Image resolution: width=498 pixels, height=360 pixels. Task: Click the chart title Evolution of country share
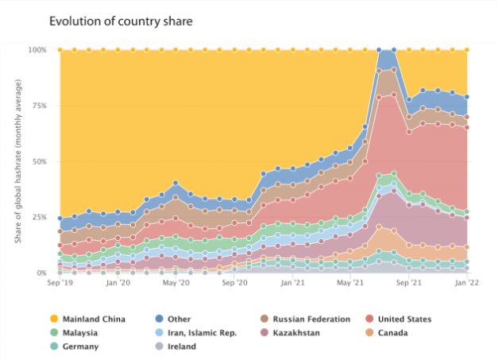(x=120, y=21)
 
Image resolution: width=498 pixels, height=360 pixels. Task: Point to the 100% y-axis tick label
(x=38, y=50)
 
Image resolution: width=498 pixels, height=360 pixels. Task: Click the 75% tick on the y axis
(x=40, y=106)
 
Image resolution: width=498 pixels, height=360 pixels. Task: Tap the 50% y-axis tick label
(x=40, y=161)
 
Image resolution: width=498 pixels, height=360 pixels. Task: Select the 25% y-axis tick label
(x=40, y=217)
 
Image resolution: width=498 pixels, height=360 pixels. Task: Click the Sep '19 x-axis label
(x=60, y=282)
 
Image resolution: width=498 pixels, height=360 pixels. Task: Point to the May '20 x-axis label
(x=176, y=282)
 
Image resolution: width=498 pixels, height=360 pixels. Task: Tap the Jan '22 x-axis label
(x=466, y=282)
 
